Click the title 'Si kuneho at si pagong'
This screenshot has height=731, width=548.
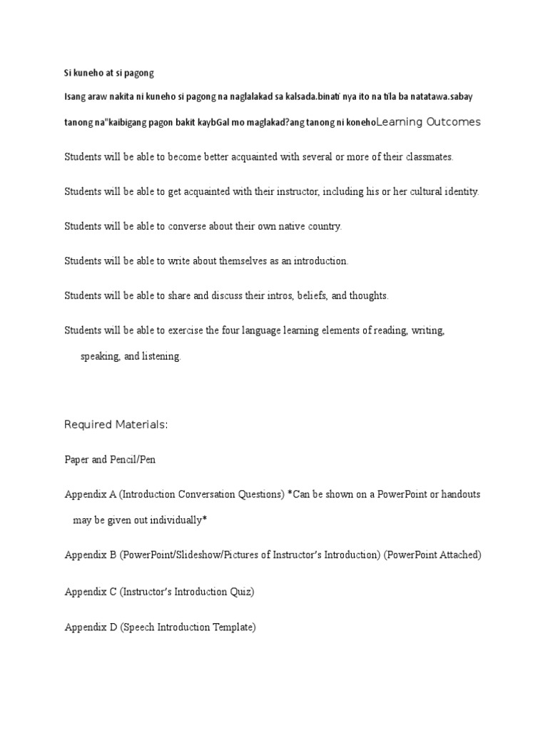(x=109, y=73)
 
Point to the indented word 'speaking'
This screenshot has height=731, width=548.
(x=100, y=356)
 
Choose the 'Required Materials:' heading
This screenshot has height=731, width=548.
(x=116, y=425)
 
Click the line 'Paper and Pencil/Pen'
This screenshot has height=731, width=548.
(x=110, y=460)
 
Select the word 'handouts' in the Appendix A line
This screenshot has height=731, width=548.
(x=460, y=495)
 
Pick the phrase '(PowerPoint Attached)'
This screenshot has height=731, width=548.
(x=432, y=555)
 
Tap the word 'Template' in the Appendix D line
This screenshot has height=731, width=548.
(x=233, y=627)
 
